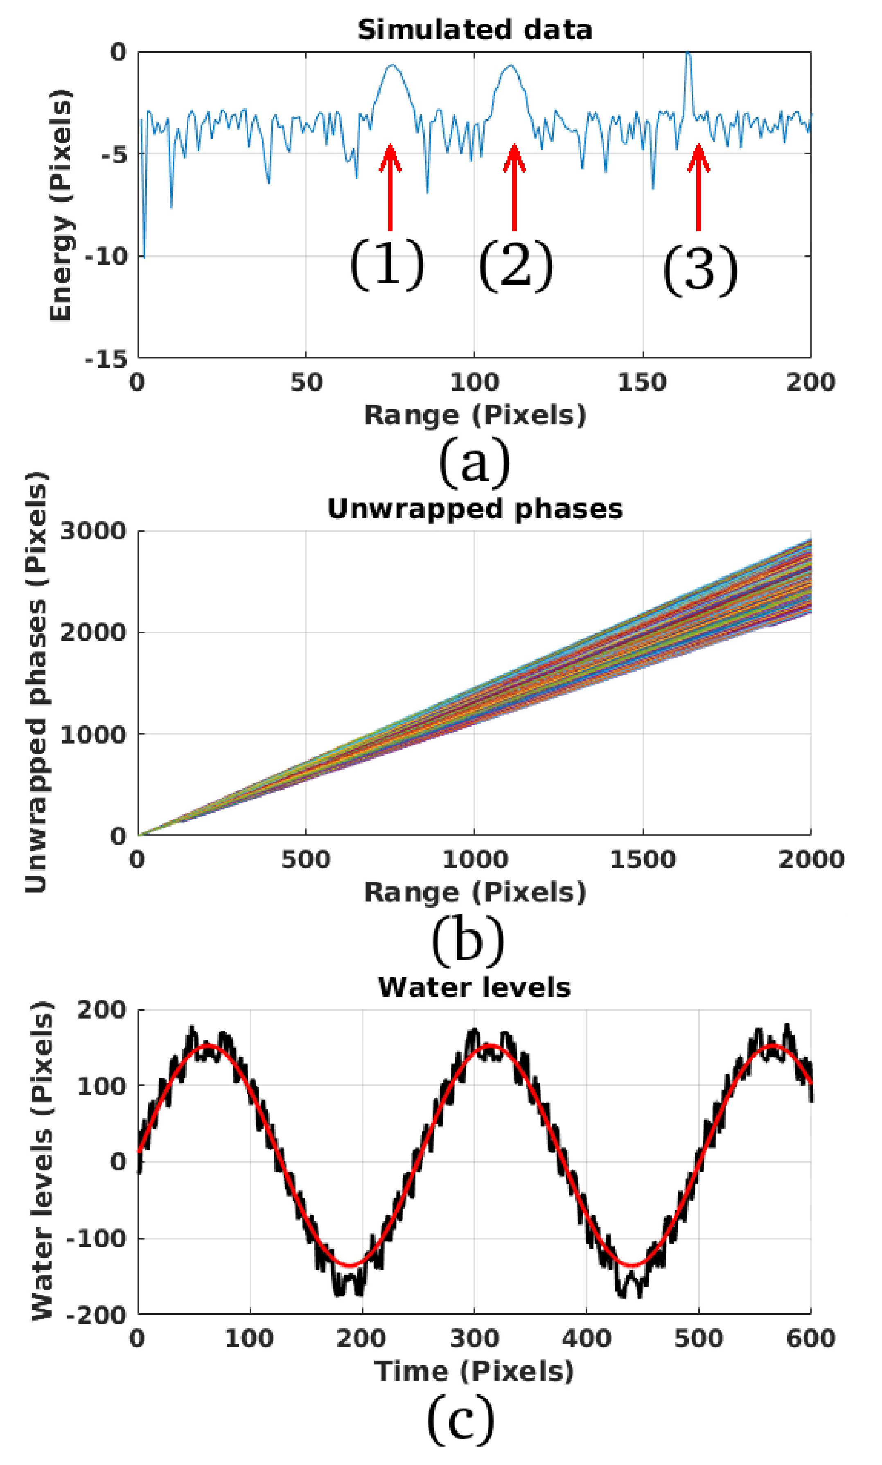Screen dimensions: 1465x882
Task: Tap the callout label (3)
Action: click(699, 270)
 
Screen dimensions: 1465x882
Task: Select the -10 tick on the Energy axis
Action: click(106, 257)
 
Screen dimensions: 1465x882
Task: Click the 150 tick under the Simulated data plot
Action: click(643, 383)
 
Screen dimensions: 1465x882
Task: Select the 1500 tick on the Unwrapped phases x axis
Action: click(643, 860)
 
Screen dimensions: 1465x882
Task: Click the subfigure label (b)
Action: click(468, 940)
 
